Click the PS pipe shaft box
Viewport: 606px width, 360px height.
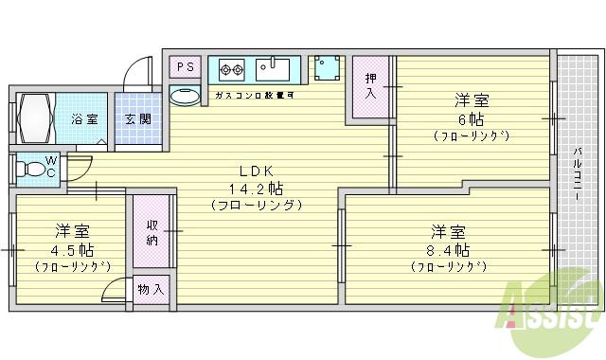point(185,66)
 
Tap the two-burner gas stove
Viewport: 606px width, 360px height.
point(232,68)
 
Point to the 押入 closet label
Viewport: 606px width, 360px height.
point(371,87)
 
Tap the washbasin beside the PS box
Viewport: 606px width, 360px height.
point(186,95)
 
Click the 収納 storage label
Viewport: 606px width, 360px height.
point(152,233)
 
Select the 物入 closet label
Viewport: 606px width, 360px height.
point(151,289)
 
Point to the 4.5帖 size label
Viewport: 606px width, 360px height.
point(72,250)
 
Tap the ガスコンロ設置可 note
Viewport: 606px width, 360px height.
point(254,96)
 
